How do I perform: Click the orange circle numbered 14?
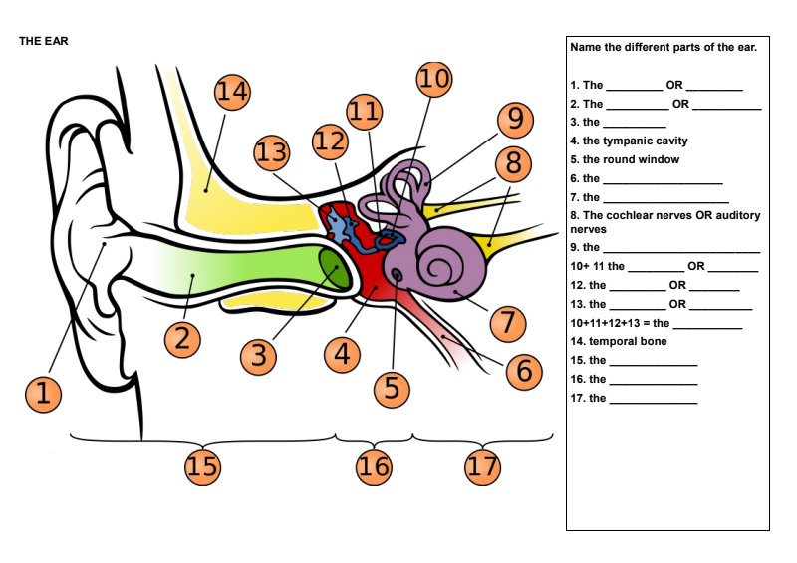coord(232,93)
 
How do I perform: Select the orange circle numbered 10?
coord(433,79)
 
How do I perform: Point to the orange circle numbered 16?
coord(374,466)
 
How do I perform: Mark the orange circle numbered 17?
coord(483,466)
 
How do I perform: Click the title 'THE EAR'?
coord(43,42)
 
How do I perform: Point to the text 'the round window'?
coord(631,159)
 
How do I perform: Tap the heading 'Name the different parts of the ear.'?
coord(664,47)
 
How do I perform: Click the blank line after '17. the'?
coord(653,401)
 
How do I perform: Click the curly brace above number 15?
coord(203,439)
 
